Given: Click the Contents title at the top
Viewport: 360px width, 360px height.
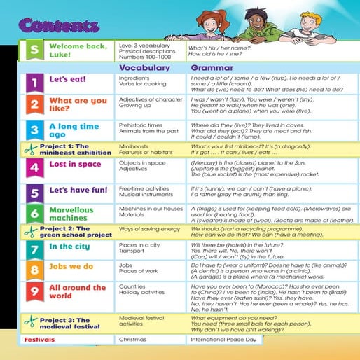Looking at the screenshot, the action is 59,27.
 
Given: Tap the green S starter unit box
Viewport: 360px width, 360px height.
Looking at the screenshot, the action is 34,51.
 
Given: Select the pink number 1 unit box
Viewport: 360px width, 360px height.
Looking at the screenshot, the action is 34,83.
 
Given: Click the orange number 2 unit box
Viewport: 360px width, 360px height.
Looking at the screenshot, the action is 34,105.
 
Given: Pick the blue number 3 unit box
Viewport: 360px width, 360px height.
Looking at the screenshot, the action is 34,130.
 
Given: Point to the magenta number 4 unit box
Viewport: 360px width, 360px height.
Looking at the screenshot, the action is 34,168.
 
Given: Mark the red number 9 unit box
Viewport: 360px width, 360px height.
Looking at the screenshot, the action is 34,292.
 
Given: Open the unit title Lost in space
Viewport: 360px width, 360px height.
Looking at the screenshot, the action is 75,165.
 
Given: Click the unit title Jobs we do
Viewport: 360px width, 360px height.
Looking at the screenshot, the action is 71,267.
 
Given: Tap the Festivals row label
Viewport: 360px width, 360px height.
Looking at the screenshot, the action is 39,340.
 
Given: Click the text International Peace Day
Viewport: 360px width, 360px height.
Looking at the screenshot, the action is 226,340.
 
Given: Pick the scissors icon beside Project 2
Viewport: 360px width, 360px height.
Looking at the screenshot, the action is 29,231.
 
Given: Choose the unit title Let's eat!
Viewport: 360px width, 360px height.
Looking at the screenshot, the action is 67,79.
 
